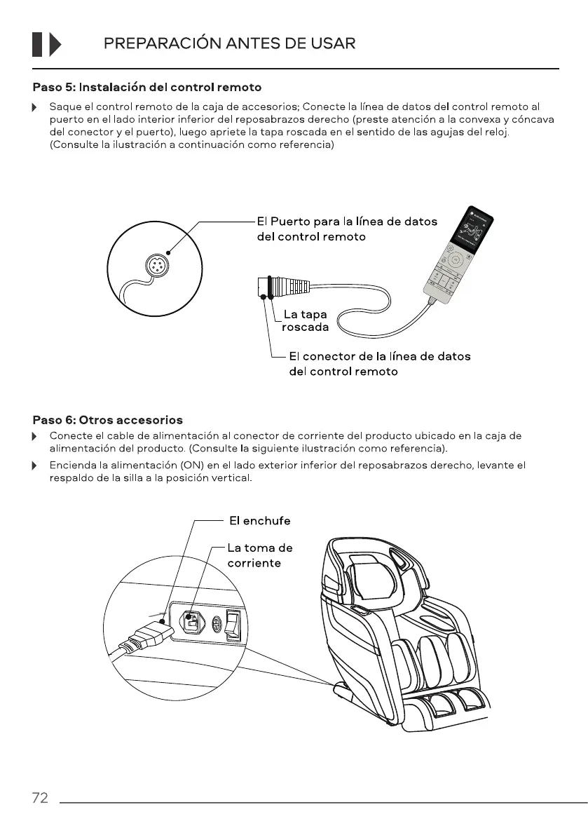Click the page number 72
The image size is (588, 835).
click(40, 798)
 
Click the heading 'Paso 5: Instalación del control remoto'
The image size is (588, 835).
click(147, 88)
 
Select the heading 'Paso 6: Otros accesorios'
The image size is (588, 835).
click(108, 420)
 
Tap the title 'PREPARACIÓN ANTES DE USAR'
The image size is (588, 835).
click(229, 44)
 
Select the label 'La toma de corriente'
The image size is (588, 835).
click(259, 555)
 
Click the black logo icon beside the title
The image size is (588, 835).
click(47, 44)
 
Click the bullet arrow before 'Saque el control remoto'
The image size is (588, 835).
click(34, 108)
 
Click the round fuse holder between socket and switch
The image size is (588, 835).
click(217, 623)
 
